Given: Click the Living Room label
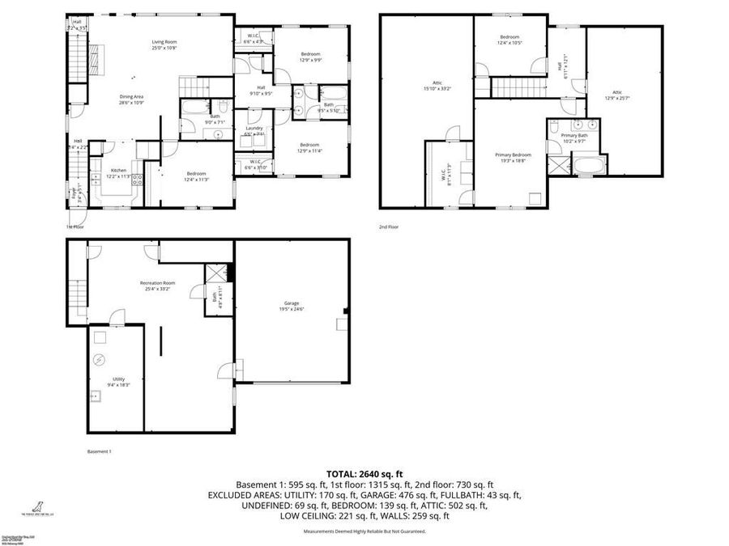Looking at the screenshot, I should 164,44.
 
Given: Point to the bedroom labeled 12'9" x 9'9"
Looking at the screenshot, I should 310,57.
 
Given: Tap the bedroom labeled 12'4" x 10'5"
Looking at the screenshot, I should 509,40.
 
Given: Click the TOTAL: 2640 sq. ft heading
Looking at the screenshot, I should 364,473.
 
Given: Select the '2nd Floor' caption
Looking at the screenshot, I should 389,227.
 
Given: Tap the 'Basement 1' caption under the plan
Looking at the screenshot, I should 99,451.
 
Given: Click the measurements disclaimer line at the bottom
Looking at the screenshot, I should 364,531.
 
